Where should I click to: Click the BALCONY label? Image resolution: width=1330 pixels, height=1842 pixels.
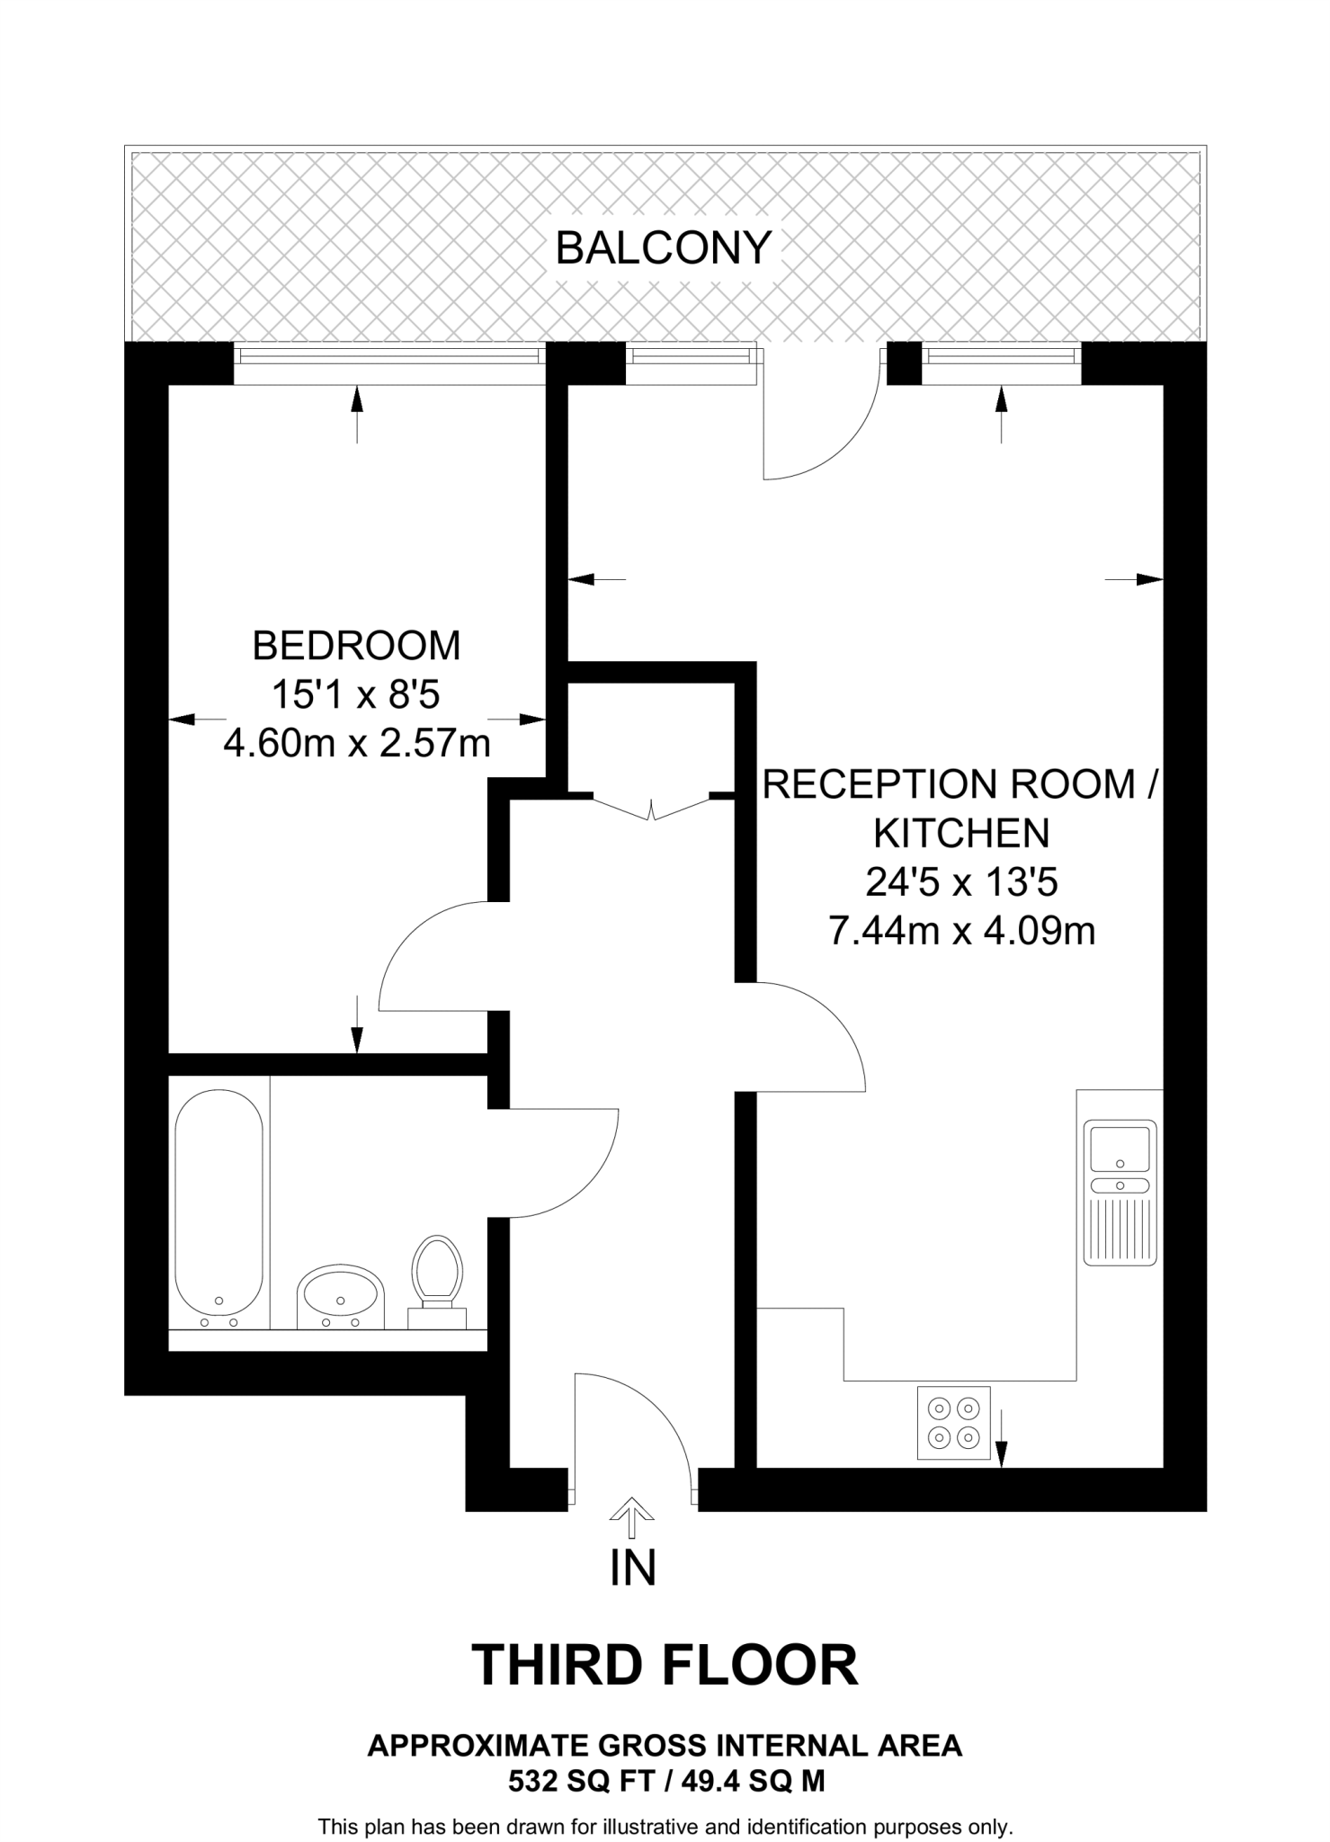[664, 247]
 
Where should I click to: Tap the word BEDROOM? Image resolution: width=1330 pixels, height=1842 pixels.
[356, 646]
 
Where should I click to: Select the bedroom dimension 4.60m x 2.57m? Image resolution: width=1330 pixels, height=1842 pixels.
[356, 743]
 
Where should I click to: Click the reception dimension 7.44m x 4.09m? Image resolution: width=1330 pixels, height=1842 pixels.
[961, 930]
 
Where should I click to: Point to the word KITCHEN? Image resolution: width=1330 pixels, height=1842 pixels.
[961, 833]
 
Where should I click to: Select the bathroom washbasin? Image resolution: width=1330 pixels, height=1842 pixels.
[340, 1296]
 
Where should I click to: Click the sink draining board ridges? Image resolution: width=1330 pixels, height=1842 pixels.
[1120, 1228]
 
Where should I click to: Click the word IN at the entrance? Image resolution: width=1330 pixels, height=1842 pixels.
[632, 1567]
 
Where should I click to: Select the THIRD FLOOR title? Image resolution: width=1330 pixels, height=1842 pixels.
[665, 1665]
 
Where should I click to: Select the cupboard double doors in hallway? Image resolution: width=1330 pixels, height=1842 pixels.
[651, 806]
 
